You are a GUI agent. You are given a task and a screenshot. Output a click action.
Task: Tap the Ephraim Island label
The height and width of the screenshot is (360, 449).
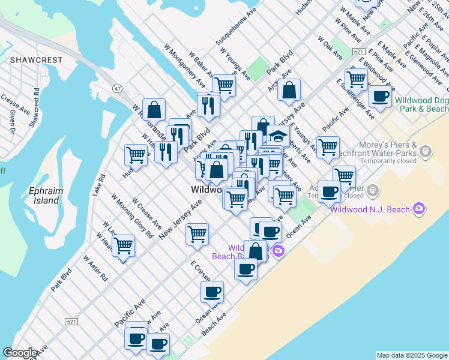click(x=44, y=196)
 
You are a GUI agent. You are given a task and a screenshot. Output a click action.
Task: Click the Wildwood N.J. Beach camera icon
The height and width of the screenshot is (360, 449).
click(x=419, y=209)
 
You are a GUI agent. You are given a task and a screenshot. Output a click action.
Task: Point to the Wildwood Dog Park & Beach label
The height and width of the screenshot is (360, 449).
click(x=421, y=104)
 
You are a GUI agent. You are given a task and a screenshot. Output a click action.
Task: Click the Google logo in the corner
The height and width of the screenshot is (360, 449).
click(x=20, y=353)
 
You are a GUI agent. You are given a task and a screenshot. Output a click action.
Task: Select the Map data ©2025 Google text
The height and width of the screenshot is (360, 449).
click(x=412, y=355)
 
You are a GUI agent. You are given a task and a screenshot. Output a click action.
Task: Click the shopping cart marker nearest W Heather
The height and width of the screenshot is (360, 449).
click(x=123, y=245)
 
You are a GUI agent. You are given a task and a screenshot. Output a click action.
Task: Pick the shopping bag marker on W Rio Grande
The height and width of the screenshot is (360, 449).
click(x=154, y=109)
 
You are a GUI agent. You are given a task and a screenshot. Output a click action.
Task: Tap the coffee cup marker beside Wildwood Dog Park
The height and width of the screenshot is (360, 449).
click(x=379, y=95)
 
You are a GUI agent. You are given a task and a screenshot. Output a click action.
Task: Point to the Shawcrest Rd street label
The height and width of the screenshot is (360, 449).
click(x=35, y=107)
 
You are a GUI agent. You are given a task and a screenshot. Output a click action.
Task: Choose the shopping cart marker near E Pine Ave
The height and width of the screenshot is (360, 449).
click(x=357, y=79)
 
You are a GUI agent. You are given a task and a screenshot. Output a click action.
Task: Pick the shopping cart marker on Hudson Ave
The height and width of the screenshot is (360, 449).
click(x=136, y=155)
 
